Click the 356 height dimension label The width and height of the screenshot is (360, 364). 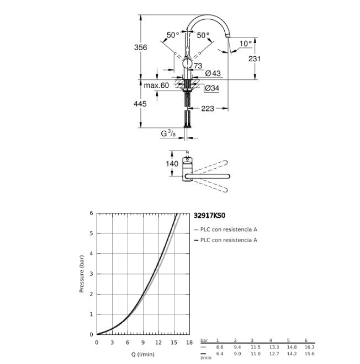coord(141,47)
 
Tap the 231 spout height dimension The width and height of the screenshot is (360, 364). coord(255,58)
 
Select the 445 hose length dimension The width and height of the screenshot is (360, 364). coord(140,104)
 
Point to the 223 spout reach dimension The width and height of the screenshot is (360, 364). coord(207,109)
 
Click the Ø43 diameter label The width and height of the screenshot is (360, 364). coord(213,73)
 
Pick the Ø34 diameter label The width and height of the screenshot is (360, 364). coord(211,88)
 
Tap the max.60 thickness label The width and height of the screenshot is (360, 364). coord(156,85)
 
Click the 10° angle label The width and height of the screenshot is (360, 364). coord(246,44)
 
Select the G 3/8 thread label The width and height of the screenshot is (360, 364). coord(168,133)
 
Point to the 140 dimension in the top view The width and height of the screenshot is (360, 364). coord(172,164)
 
